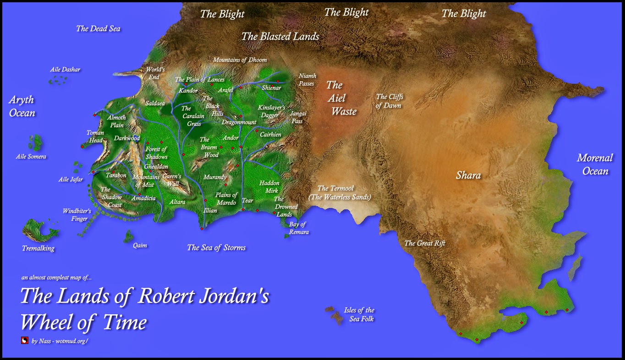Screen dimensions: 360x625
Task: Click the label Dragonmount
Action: point(239,122)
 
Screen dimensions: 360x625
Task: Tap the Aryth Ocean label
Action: point(22,106)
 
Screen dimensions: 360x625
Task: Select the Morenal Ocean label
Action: point(595,164)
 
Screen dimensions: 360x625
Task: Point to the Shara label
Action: point(468,175)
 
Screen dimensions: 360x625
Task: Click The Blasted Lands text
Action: point(280,37)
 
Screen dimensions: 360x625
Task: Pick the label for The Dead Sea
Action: point(98,28)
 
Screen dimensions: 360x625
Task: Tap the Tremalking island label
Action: point(38,248)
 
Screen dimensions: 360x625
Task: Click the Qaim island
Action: point(129,237)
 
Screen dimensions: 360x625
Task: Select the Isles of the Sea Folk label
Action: point(359,315)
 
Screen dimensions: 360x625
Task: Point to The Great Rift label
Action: point(424,243)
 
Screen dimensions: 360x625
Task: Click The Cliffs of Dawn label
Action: point(389,101)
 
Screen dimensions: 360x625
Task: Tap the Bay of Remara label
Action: point(298,228)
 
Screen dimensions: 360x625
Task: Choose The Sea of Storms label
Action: point(216,248)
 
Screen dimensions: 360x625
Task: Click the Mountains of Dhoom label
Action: point(240,60)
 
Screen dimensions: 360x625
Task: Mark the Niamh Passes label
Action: point(307,80)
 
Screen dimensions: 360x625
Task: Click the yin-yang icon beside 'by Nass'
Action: point(25,340)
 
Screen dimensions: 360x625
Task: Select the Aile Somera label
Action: point(31,157)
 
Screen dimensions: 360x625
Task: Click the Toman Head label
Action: point(95,136)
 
